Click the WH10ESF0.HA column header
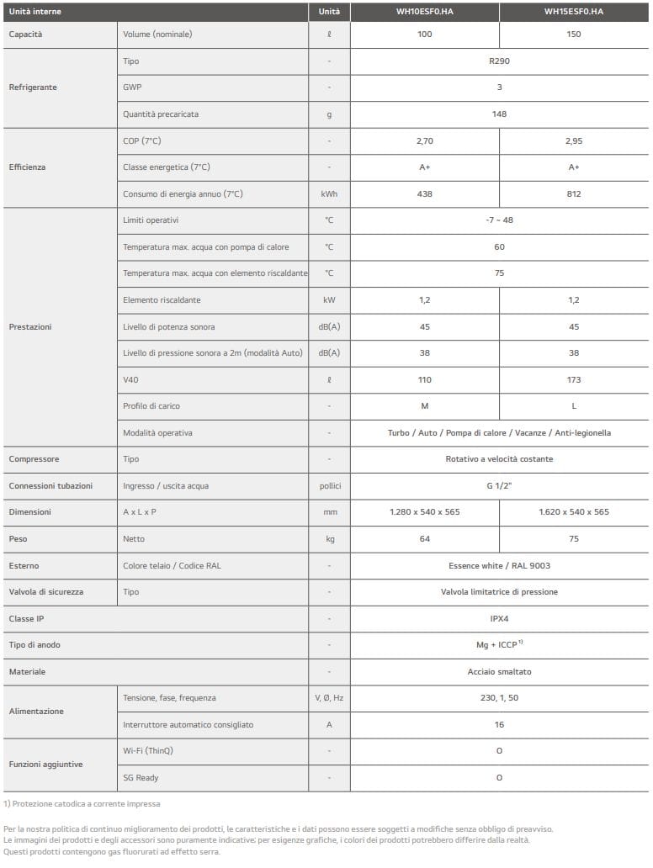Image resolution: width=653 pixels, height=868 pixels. click(424, 13)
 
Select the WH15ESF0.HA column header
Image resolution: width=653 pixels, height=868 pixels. click(573, 13)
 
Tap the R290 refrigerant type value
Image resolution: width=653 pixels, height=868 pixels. click(499, 61)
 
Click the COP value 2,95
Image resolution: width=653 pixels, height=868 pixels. click(573, 141)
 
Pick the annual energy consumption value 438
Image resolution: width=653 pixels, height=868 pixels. click(424, 194)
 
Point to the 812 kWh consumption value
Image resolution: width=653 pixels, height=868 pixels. click(573, 194)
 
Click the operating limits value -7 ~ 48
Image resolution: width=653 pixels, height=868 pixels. click(499, 220)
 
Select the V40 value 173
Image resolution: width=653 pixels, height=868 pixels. click(573, 380)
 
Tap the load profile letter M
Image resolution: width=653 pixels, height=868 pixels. click(424, 406)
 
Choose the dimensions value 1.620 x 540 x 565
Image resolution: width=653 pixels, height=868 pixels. click(573, 512)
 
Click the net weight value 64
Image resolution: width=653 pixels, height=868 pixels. click(424, 539)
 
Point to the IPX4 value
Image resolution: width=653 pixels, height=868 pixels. click(499, 618)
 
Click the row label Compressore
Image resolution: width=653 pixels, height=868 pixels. click(34, 459)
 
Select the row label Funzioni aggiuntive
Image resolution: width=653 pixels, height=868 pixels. click(45, 764)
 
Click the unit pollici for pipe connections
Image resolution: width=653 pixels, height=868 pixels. click(329, 486)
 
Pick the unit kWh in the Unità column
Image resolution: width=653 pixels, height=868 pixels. click(329, 194)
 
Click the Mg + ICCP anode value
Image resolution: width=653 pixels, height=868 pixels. click(499, 645)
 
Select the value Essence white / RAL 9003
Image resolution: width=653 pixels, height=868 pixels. click(499, 566)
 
